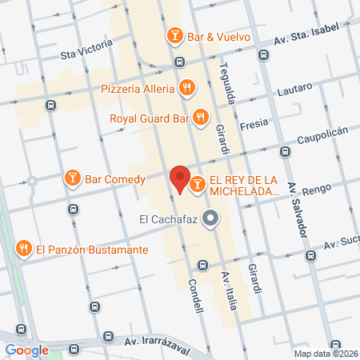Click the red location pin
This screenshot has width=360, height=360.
pos(179,179)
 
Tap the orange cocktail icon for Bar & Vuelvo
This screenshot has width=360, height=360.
pos(174,36)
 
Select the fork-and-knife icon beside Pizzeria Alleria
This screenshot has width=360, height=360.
pos(186,87)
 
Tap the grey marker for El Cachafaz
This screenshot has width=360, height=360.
pos(211,218)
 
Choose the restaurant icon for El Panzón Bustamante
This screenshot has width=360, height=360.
pos(24,250)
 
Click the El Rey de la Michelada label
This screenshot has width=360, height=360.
pos(244,186)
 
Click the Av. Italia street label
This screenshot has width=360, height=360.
pos(232,285)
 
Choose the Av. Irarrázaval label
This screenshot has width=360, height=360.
pos(155,342)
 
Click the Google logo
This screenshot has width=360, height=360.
pos(27,350)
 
